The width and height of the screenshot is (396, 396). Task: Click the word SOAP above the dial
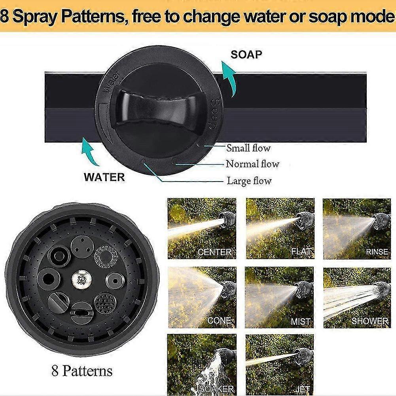(x=246, y=54)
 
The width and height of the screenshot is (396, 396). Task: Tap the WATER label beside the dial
(x=104, y=177)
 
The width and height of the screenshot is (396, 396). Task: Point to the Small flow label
(x=248, y=148)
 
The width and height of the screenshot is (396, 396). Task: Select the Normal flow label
(x=252, y=164)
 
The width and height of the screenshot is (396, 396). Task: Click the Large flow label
(x=249, y=181)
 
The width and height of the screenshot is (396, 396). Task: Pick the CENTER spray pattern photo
(x=202, y=229)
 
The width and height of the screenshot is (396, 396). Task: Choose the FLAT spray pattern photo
(x=280, y=229)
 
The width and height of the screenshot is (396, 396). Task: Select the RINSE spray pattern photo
(x=357, y=229)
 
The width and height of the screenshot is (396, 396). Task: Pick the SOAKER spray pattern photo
(x=202, y=364)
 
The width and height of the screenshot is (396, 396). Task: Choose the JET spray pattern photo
(x=279, y=364)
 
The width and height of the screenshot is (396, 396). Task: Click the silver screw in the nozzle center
(x=81, y=281)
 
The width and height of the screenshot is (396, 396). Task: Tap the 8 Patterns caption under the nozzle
(x=82, y=371)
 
